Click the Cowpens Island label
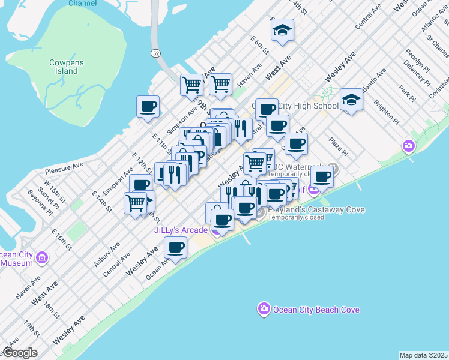(67, 67)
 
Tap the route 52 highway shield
(155, 53)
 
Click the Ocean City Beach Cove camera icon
(264, 310)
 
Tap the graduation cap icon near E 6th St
(282, 31)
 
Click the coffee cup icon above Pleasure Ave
(148, 107)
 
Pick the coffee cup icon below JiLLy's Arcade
(175, 247)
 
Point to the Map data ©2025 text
(423, 355)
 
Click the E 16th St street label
(61, 239)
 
